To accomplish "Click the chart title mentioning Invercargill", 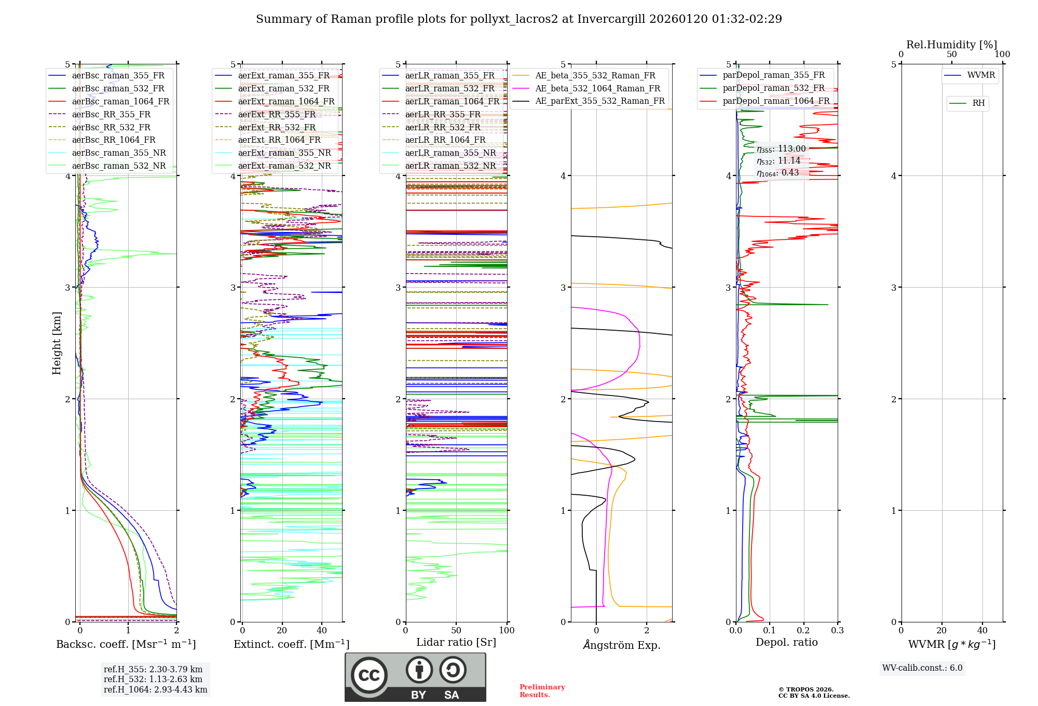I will point(518,19).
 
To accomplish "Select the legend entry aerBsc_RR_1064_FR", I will point(114,140).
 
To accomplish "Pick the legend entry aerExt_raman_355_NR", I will point(284,153).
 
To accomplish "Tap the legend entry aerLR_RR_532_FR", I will point(443,127).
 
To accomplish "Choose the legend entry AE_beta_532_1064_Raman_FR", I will point(597,88).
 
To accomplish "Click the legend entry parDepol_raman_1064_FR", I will point(776,101).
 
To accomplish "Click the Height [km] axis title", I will point(57,343).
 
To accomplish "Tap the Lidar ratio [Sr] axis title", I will point(456,642).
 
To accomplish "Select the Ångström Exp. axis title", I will point(622,645).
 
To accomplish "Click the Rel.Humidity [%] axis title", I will point(951,45).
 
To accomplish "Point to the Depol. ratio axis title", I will point(786,642).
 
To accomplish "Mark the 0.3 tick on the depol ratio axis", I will point(837,631).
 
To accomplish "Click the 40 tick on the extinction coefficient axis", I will point(322,631).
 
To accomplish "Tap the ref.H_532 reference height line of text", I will point(153,679).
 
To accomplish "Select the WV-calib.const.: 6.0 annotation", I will point(922,668).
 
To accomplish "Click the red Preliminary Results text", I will point(542,691).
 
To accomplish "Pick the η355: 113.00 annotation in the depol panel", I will point(781,149).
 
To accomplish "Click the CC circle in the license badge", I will point(369,675).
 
